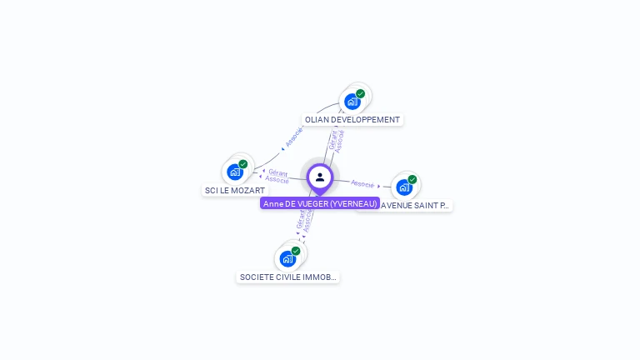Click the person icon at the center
tap(320, 177)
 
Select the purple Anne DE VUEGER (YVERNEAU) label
tap(320, 203)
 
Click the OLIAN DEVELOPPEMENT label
tap(352, 120)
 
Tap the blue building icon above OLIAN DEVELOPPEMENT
tap(352, 102)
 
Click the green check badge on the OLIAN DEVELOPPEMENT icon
tap(361, 94)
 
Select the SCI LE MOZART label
tap(235, 191)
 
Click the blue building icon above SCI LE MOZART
tap(235, 172)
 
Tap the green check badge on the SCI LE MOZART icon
tap(243, 164)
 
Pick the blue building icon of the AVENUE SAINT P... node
tap(404, 187)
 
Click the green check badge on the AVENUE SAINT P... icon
tap(412, 179)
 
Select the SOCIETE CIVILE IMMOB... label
tap(288, 277)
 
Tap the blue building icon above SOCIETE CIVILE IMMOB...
tap(287, 258)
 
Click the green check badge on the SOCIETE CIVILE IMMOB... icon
tap(296, 251)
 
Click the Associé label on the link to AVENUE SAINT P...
tap(362, 183)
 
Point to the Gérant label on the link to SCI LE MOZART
tap(278, 172)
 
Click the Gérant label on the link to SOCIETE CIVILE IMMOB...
tap(300, 220)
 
